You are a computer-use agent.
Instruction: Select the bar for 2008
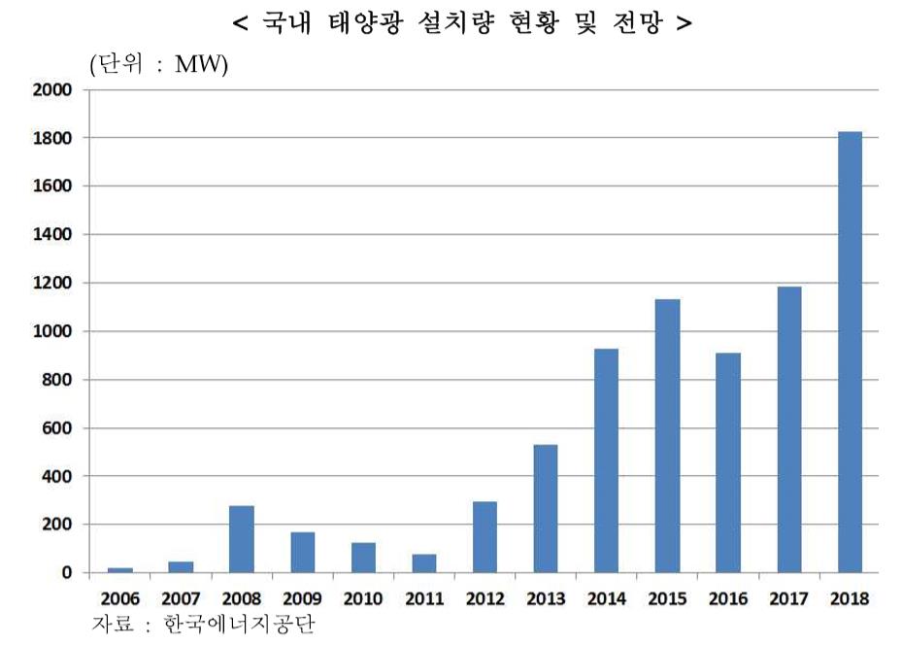click(x=242, y=538)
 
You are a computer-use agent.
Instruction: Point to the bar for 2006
click(x=120, y=569)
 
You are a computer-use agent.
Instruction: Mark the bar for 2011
click(x=424, y=563)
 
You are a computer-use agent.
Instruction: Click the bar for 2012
click(x=484, y=536)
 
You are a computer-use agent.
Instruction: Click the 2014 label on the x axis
click(x=606, y=598)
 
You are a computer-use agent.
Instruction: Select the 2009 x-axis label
click(x=302, y=598)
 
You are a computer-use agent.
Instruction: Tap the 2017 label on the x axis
click(x=788, y=598)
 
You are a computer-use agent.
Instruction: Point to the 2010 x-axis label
click(x=363, y=598)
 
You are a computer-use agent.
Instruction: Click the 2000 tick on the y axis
click(x=53, y=90)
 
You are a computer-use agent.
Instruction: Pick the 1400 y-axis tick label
click(x=53, y=235)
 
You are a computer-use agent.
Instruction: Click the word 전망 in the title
click(x=635, y=23)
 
